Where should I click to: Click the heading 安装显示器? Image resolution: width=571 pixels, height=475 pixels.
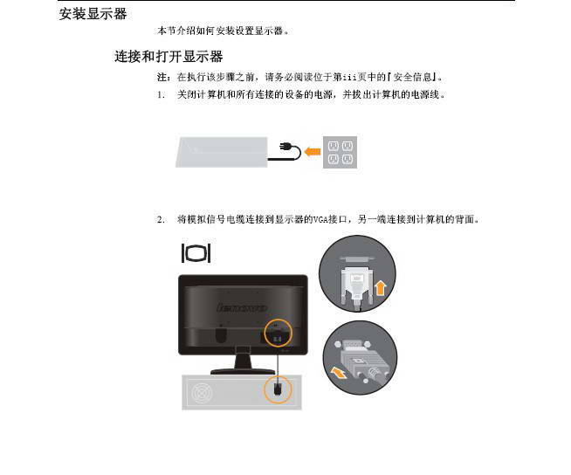click(x=93, y=14)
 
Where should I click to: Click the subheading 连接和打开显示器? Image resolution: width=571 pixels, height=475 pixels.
click(x=169, y=57)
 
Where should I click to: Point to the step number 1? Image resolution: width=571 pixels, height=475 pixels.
click(x=161, y=95)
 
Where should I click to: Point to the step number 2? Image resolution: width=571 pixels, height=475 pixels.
click(x=161, y=220)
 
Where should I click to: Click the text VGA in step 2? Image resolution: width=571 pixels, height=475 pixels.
click(x=320, y=220)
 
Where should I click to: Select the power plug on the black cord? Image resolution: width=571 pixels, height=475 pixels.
click(x=284, y=148)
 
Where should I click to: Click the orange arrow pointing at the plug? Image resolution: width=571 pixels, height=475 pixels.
click(x=313, y=151)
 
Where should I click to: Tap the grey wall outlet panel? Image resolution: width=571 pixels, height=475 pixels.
click(x=340, y=152)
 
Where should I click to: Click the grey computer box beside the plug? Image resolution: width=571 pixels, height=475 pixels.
click(x=222, y=152)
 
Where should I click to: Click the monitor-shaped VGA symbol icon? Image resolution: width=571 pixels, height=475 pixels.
click(x=196, y=253)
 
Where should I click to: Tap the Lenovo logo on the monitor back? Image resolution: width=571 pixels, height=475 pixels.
click(x=242, y=308)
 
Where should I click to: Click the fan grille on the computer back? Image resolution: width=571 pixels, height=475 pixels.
click(x=201, y=394)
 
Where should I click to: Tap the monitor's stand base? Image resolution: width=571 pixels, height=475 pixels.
click(x=243, y=371)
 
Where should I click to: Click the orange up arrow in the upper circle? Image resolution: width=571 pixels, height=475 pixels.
click(x=381, y=288)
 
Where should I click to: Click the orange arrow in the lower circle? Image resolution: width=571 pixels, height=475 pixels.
click(x=339, y=373)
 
